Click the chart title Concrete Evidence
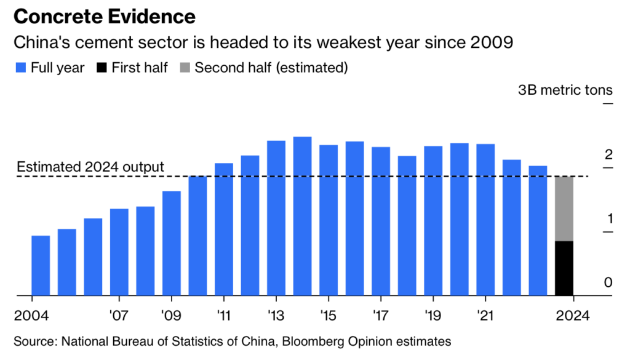coord(105,17)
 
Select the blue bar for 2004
coord(41,265)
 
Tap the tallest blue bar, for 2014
coord(302,216)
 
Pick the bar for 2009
coord(172,243)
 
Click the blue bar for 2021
coord(485,220)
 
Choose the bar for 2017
coord(381,221)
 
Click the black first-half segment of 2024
coord(564,268)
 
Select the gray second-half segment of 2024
coord(564,209)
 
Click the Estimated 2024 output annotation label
coord(90,167)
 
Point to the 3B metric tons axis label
coord(566,90)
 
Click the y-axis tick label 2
coord(608,154)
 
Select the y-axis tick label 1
coord(608,218)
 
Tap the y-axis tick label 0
coord(608,282)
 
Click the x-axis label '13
coord(276,316)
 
